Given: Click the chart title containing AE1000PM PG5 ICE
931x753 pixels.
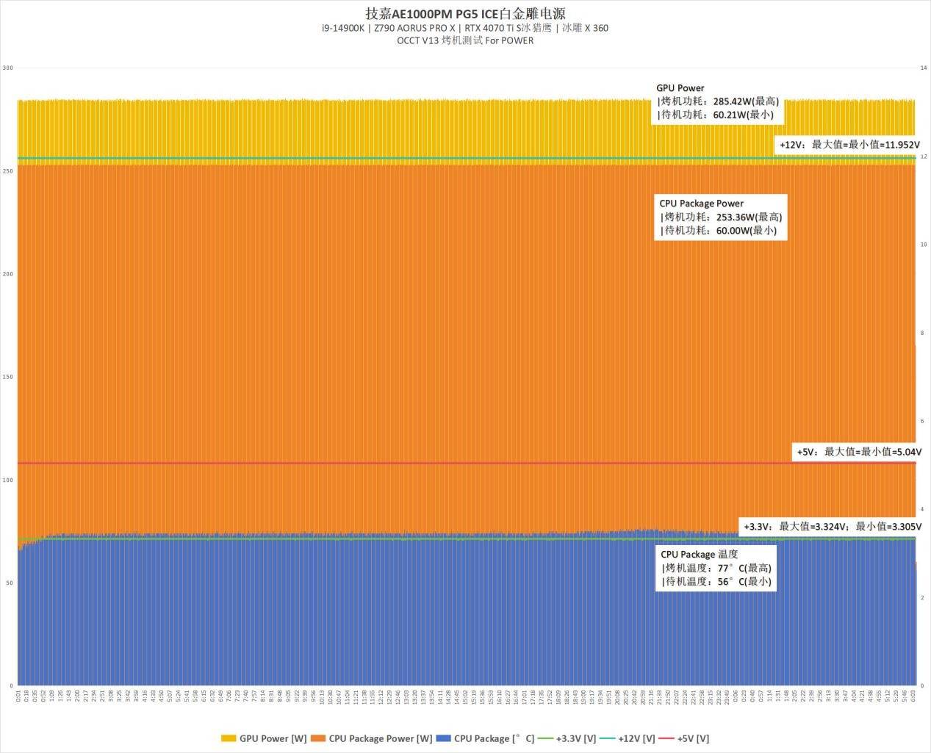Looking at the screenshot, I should pos(465,13).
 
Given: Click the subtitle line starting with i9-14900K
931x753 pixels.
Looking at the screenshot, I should pos(465,28).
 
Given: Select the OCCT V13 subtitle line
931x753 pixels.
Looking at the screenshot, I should pos(465,40).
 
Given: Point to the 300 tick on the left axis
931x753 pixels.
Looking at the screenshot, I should pos(8,68).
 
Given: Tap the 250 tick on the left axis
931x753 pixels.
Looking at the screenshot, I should pos(8,171).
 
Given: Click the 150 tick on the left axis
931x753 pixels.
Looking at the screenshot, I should pos(8,377).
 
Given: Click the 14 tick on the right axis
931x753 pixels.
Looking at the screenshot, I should pos(923,68).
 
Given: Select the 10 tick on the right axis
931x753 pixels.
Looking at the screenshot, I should pos(923,245).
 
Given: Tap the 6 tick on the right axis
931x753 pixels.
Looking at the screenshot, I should pos(923,421).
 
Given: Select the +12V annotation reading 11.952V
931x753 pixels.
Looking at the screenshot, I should pos(849,145).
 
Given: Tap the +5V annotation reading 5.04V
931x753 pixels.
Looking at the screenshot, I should pos(858,452).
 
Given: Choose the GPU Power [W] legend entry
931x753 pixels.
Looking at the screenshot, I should pos(264,738).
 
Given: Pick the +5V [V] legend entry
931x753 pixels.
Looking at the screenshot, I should pos(685,738).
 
